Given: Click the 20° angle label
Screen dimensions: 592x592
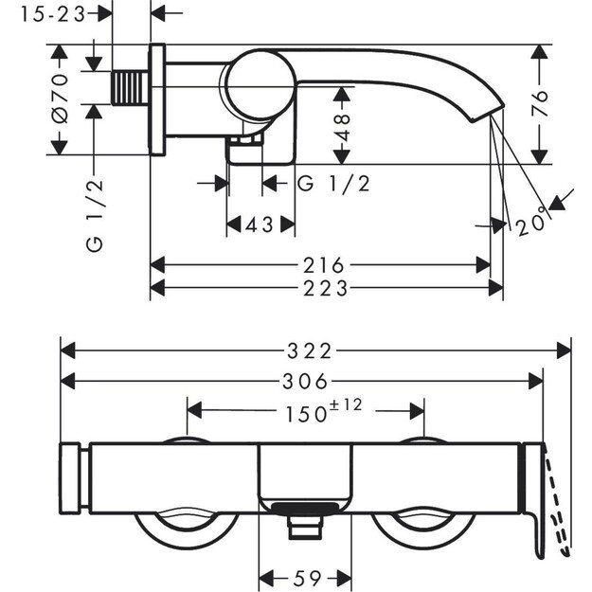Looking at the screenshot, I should pos(532,224).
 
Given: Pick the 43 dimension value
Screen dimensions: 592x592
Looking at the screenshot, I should pos(260,224).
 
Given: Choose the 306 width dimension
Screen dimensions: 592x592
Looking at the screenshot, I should pos(306,382).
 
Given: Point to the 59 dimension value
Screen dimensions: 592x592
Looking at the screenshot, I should pos(305,575).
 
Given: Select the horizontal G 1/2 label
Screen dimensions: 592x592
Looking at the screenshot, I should pos(333,183).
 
